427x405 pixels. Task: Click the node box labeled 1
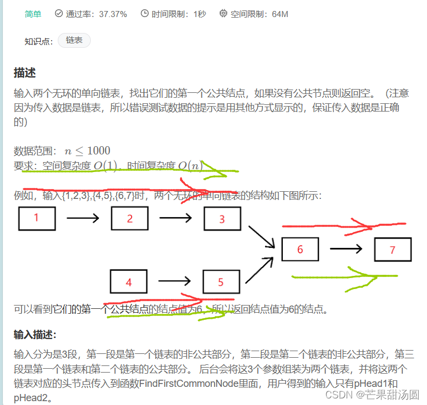click(x=37, y=218)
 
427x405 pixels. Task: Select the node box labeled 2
click(x=130, y=218)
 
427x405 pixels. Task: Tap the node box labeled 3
click(x=222, y=219)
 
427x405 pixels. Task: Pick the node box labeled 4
click(x=129, y=282)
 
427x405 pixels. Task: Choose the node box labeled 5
click(x=221, y=282)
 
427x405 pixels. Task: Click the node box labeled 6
click(x=300, y=249)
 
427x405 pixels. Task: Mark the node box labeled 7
click(x=392, y=249)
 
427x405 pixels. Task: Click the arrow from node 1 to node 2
click(x=83, y=218)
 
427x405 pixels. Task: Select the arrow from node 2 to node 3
click(x=176, y=218)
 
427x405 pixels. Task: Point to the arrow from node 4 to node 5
click(x=175, y=282)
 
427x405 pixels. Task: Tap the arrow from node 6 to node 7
click(x=346, y=249)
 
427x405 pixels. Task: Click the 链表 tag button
click(x=74, y=41)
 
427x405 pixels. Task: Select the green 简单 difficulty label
click(x=33, y=14)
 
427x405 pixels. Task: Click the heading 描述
click(x=25, y=73)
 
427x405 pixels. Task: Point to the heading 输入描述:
click(x=35, y=335)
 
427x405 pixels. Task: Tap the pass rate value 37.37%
click(x=113, y=14)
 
